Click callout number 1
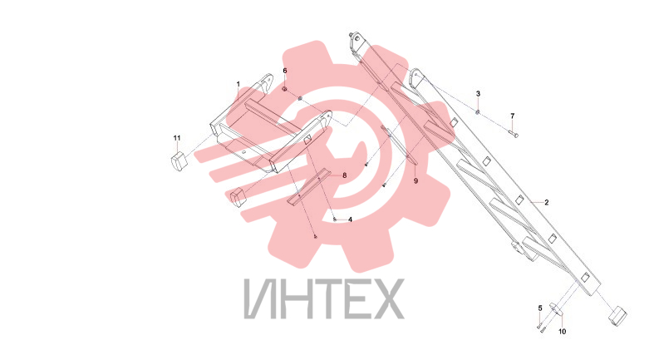238,84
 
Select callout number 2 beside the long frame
546,203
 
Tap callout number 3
478,94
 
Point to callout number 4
350,219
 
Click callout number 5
540,308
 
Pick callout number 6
285,71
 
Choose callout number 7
513,116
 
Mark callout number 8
344,175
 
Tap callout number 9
415,181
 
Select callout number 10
562,332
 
